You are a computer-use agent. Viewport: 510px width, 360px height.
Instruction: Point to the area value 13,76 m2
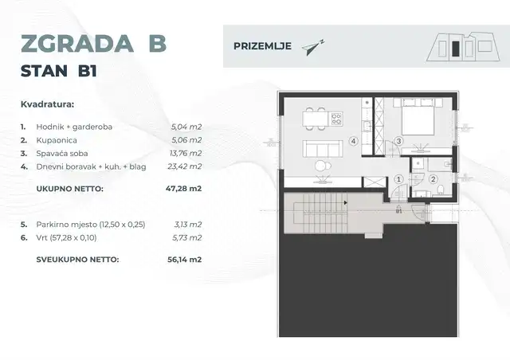186,153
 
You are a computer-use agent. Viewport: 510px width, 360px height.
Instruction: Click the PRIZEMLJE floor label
261,45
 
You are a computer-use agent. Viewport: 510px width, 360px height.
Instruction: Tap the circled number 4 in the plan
352,141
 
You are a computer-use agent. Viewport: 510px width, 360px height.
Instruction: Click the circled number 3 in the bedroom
398,142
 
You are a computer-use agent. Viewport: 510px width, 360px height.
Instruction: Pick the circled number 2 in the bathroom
433,180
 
